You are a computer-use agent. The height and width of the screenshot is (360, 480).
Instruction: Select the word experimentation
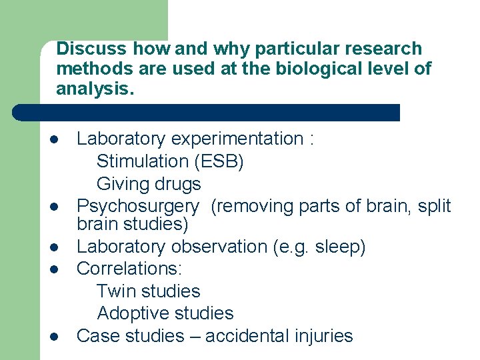(x=237, y=139)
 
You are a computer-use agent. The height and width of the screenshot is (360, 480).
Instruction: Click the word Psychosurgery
(x=137, y=206)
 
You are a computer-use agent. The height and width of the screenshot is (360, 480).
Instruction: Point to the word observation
(x=221, y=247)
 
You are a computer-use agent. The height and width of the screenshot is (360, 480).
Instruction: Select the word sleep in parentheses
(x=339, y=247)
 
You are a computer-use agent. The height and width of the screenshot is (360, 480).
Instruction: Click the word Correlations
(x=129, y=269)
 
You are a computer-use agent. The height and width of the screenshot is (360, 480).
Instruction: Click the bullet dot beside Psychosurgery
(x=53, y=207)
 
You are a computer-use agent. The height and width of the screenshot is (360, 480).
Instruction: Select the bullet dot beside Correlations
(x=53, y=270)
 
